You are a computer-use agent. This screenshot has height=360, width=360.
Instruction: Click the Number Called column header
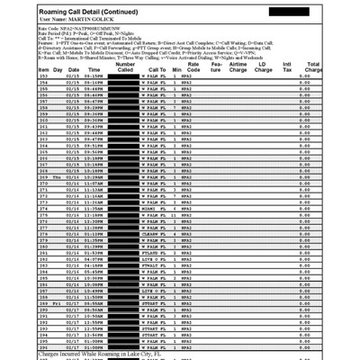point(126,66)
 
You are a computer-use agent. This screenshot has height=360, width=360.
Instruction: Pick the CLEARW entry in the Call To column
point(151,257)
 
